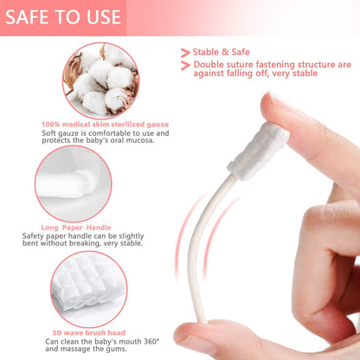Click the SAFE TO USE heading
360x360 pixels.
tap(64, 16)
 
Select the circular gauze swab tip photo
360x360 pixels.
tap(85, 182)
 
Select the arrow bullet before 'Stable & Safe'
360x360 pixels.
tap(185, 53)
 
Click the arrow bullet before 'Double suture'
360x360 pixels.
tap(185, 65)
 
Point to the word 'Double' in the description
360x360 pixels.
tap(211, 65)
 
